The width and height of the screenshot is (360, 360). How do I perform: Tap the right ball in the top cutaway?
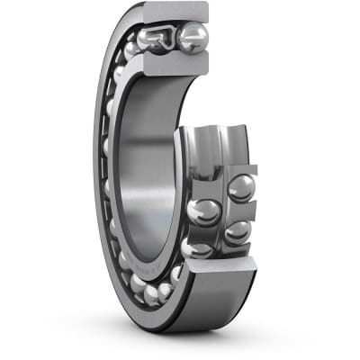click(193, 37)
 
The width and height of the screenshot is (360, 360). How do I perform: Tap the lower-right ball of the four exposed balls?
click(237, 232)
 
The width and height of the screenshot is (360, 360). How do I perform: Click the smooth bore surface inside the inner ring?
click(148, 162)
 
